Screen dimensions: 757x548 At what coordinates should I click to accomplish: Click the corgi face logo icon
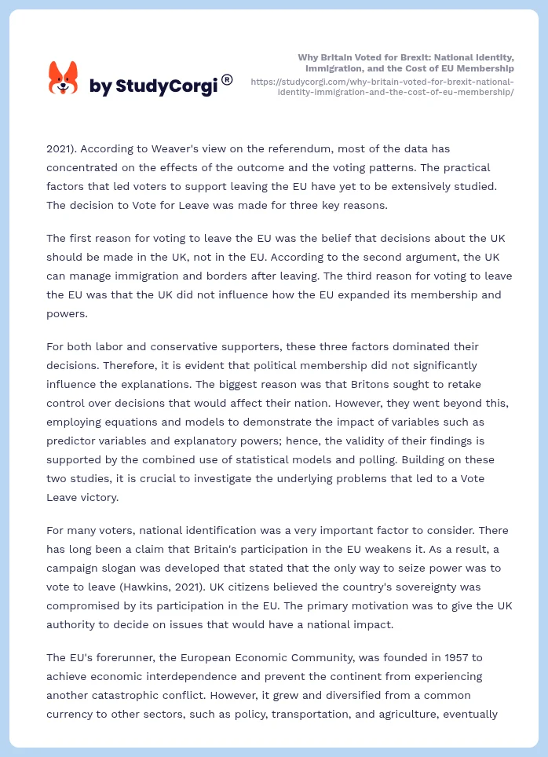click(x=64, y=79)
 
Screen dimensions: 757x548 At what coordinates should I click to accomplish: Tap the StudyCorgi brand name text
click(x=153, y=86)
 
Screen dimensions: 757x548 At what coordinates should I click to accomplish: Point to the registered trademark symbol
click(x=227, y=79)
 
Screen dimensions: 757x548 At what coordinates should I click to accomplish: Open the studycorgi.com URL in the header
click(x=382, y=86)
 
